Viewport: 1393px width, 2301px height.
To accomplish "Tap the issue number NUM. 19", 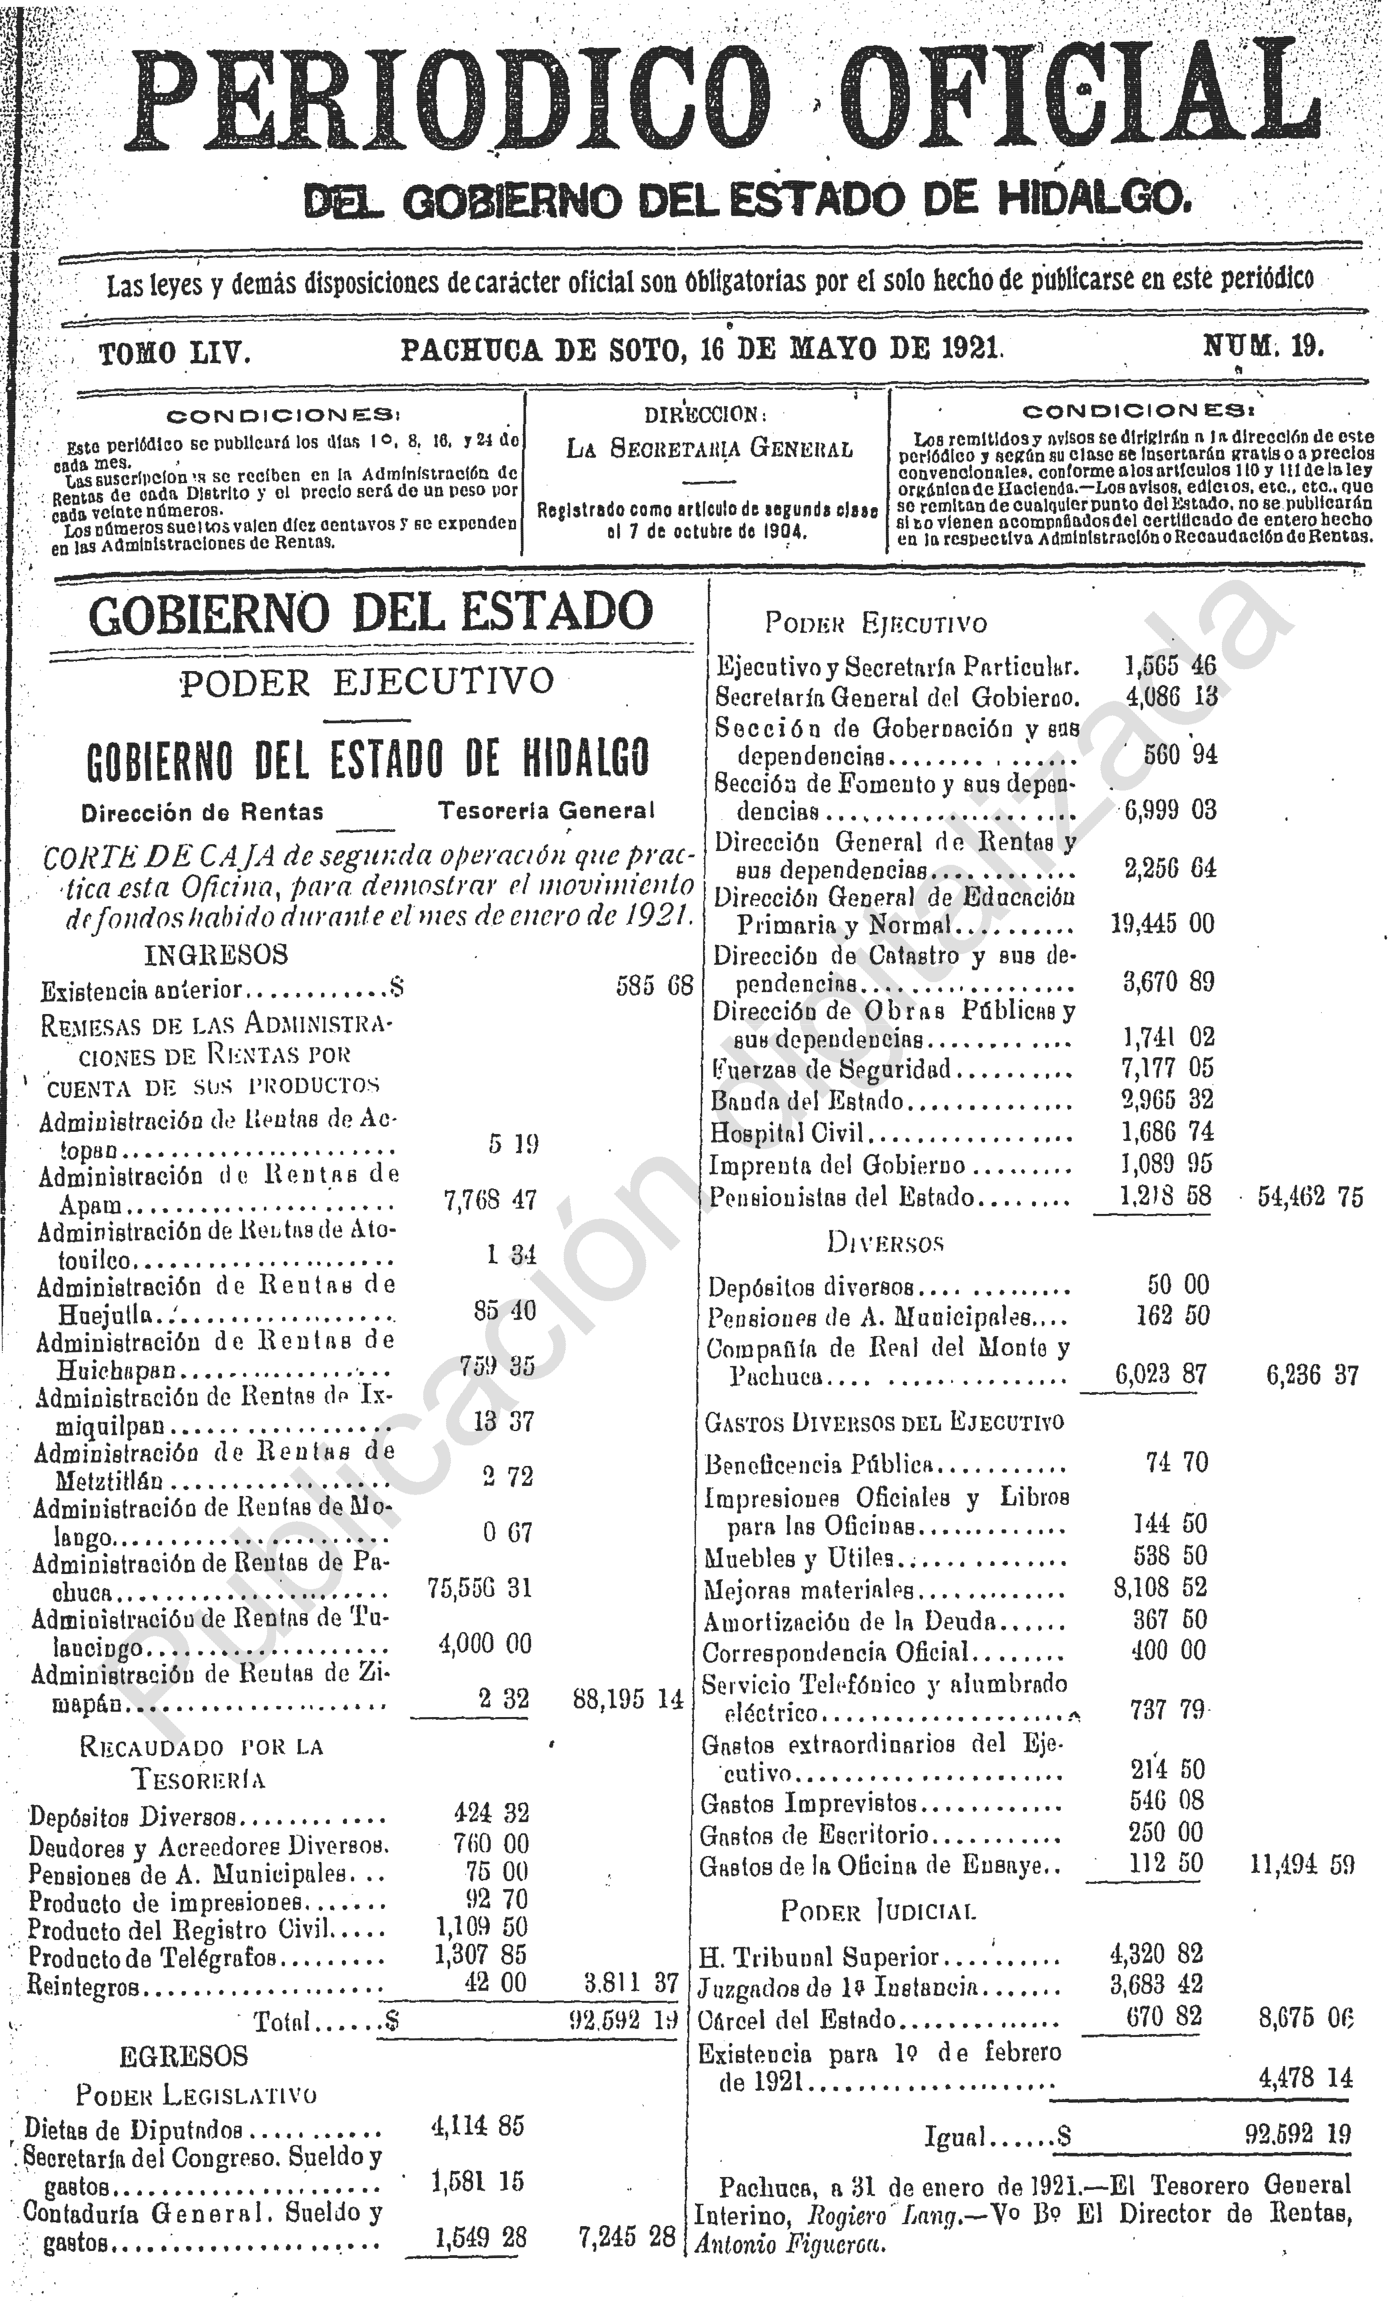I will point(1262,347).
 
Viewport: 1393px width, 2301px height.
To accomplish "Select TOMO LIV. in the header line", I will point(175,353).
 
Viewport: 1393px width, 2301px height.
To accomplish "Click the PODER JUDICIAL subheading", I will point(879,1912).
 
